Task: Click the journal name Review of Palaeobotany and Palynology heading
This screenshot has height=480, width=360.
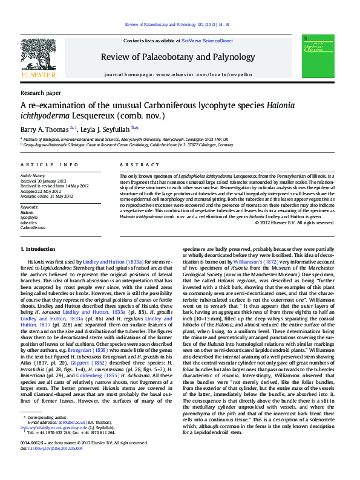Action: pyautogui.click(x=179, y=57)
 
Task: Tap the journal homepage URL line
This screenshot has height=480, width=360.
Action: pyautogui.click(x=179, y=74)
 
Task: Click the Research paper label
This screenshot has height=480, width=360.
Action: pyautogui.click(x=41, y=93)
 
